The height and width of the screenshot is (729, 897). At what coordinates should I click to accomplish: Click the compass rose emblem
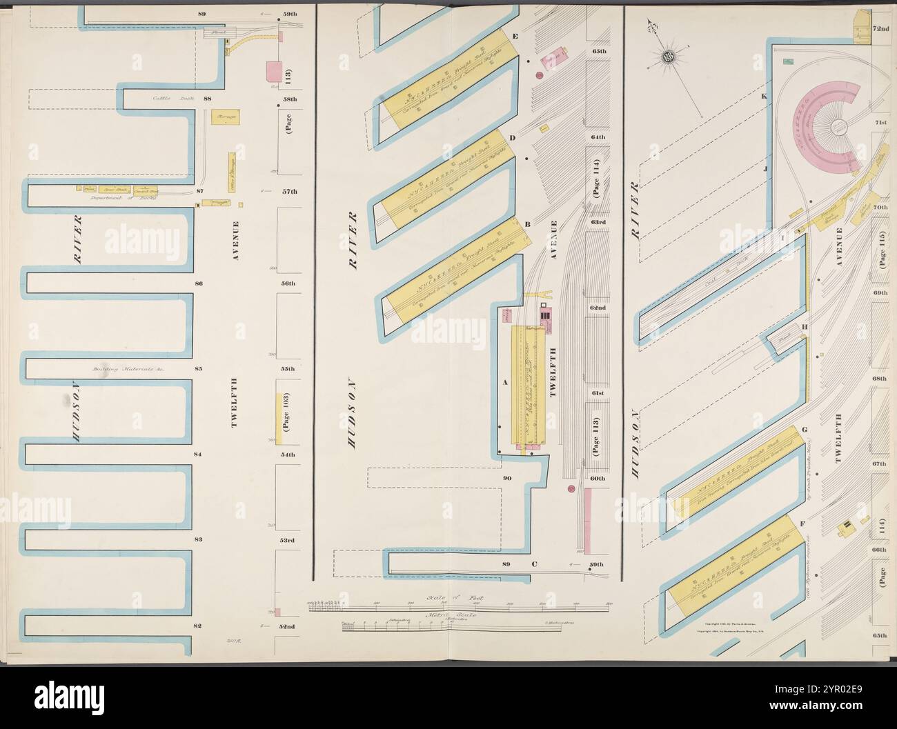click(x=668, y=57)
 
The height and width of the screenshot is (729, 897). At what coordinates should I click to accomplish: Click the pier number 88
click(x=207, y=99)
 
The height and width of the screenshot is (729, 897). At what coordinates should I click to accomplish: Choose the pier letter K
click(x=764, y=96)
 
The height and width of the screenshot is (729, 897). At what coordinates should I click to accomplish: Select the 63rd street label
click(x=597, y=222)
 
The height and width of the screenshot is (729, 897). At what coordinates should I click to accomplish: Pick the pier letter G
click(x=804, y=430)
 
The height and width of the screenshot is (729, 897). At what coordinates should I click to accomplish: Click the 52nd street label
click(x=286, y=626)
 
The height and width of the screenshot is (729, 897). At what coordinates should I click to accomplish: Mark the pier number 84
click(x=197, y=455)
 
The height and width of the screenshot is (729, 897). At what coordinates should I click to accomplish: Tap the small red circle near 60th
click(x=571, y=489)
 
